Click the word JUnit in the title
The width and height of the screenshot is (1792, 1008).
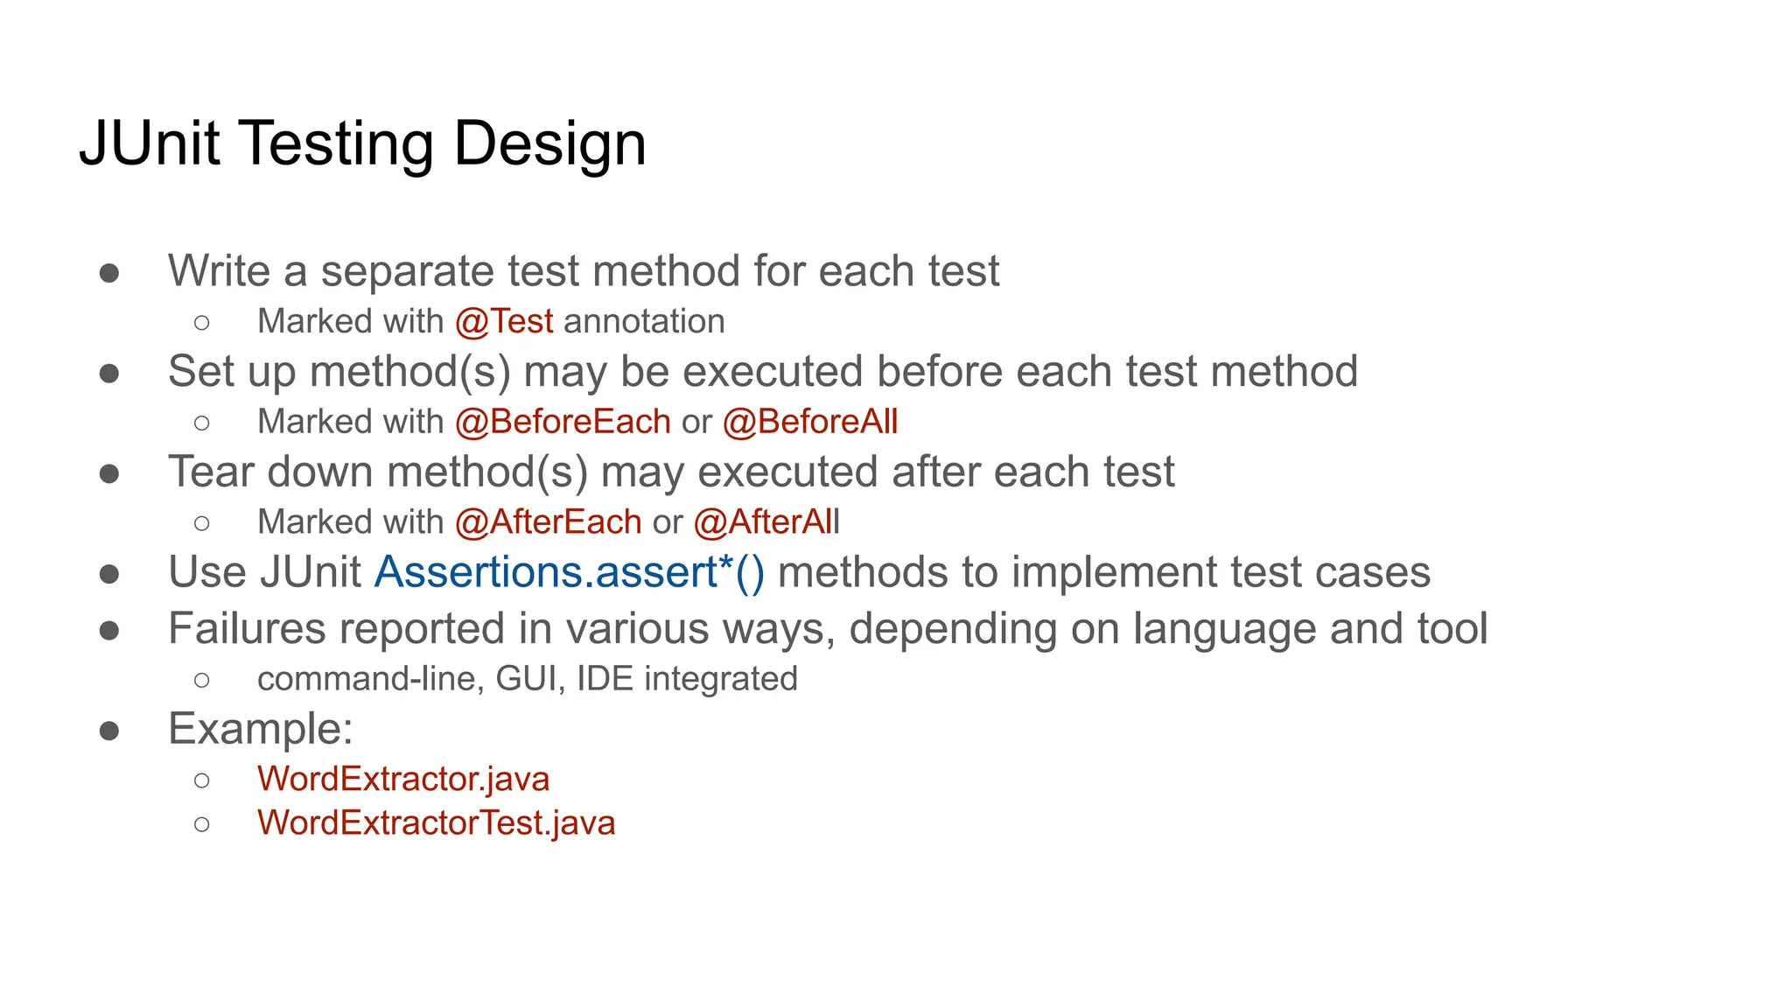point(150,143)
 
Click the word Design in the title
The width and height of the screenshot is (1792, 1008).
point(549,143)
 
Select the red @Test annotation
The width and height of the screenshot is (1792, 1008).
point(504,321)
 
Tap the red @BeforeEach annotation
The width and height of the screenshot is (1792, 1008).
point(563,422)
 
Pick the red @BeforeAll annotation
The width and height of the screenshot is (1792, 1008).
point(810,422)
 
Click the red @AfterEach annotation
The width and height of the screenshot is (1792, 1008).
point(549,522)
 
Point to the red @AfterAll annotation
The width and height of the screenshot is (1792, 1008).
point(766,522)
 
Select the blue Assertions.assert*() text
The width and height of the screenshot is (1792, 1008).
point(570,572)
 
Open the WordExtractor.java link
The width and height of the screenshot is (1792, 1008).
point(403,779)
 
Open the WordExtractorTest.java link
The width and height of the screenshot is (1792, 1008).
point(436,822)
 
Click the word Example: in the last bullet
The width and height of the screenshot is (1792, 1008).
point(261,728)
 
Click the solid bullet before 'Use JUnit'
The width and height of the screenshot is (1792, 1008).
point(109,574)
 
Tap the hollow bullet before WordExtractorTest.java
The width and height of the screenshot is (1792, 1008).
point(202,824)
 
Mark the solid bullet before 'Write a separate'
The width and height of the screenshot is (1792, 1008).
point(109,273)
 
